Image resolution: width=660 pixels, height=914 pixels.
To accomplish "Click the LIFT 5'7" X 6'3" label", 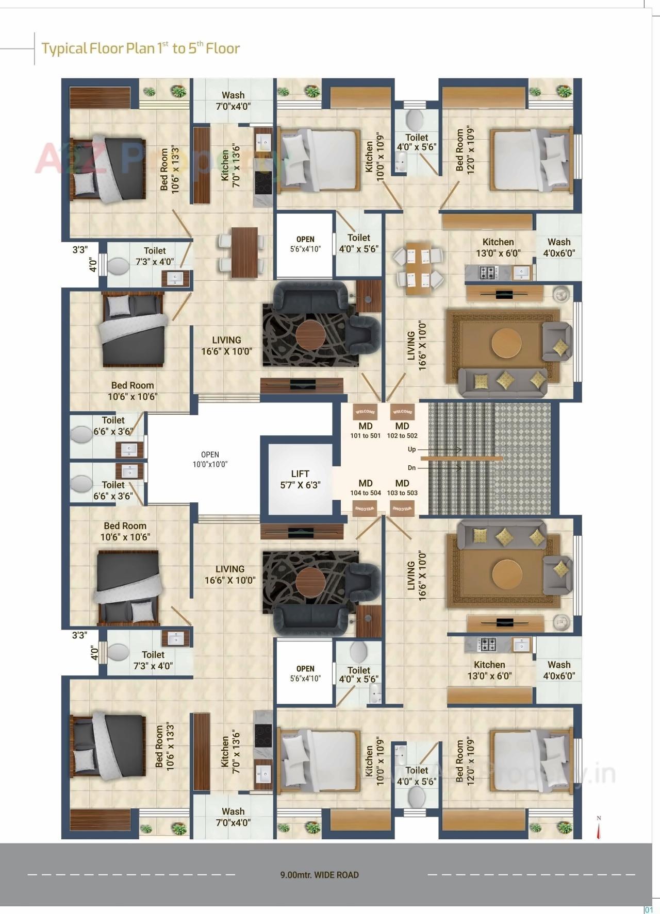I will point(300,479).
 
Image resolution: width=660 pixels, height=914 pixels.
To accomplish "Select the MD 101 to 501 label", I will point(365,430).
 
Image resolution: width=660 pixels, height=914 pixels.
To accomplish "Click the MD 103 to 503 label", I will point(402,487).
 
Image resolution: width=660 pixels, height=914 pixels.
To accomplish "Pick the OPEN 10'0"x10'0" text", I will point(209,459).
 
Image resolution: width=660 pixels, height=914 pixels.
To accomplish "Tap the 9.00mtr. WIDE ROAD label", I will point(319,875).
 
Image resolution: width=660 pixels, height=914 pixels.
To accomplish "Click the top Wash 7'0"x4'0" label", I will point(233,100).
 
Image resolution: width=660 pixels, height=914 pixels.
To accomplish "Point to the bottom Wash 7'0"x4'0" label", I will point(233,817).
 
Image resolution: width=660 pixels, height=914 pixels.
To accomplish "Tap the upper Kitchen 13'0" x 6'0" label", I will point(498,247).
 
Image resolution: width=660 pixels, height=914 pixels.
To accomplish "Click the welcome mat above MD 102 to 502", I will point(402,412).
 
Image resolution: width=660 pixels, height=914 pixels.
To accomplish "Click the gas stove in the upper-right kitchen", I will point(487,272).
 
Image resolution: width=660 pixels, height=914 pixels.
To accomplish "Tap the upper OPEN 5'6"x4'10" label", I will point(305,244).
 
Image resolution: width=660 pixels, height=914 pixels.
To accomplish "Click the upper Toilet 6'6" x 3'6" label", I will point(113,426).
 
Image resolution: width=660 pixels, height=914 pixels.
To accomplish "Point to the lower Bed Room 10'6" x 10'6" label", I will point(125,531).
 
